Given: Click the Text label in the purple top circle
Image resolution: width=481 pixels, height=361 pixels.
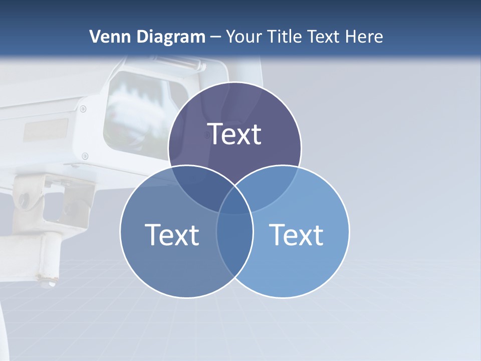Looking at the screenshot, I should coord(234,134).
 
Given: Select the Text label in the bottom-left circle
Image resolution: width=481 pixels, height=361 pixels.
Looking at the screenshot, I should coord(172,235).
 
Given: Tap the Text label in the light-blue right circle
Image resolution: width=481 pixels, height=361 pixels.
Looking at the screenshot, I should coord(296,235).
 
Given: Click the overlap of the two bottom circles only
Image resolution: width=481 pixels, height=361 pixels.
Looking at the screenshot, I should coord(234,251).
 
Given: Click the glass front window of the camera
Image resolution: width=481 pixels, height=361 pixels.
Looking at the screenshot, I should coord(138,113).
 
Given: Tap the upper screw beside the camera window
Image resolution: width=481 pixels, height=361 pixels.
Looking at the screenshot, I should coord(83,108).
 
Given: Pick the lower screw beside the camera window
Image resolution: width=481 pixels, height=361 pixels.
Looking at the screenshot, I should coord(85,156).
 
